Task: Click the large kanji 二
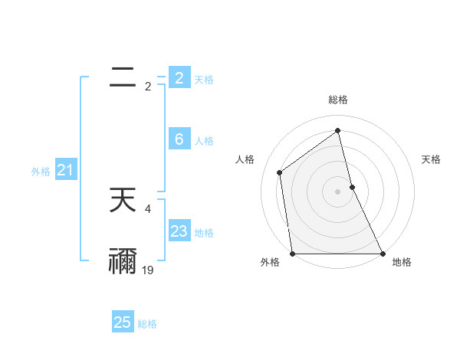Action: tap(123, 77)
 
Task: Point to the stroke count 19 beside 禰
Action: tap(148, 270)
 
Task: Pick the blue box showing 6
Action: tap(179, 139)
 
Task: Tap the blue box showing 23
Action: tap(179, 231)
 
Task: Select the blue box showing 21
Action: tap(65, 171)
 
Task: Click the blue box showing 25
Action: tap(123, 322)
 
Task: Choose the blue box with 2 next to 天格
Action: tap(179, 78)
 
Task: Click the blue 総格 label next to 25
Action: tap(147, 324)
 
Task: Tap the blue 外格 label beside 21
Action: tap(41, 172)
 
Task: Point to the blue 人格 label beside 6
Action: tap(204, 141)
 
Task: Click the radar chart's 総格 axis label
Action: tap(338, 100)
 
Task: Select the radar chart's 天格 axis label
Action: tap(432, 159)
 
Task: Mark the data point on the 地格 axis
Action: tap(383, 254)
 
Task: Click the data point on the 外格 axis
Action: tap(293, 254)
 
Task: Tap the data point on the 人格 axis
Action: tap(280, 172)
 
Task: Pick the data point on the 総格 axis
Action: tap(338, 131)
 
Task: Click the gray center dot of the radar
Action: tap(338, 191)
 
